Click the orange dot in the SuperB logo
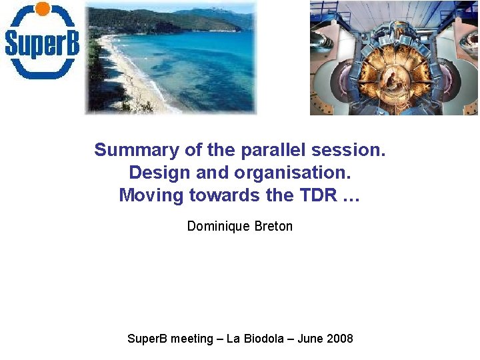coord(42,9)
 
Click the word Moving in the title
coord(151,195)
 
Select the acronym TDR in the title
coord(316,195)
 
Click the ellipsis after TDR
coord(351,196)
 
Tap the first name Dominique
coord(219,226)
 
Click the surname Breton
coord(273,226)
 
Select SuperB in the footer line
coord(147,339)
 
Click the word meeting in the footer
coord(192,339)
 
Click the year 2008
coord(339,339)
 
